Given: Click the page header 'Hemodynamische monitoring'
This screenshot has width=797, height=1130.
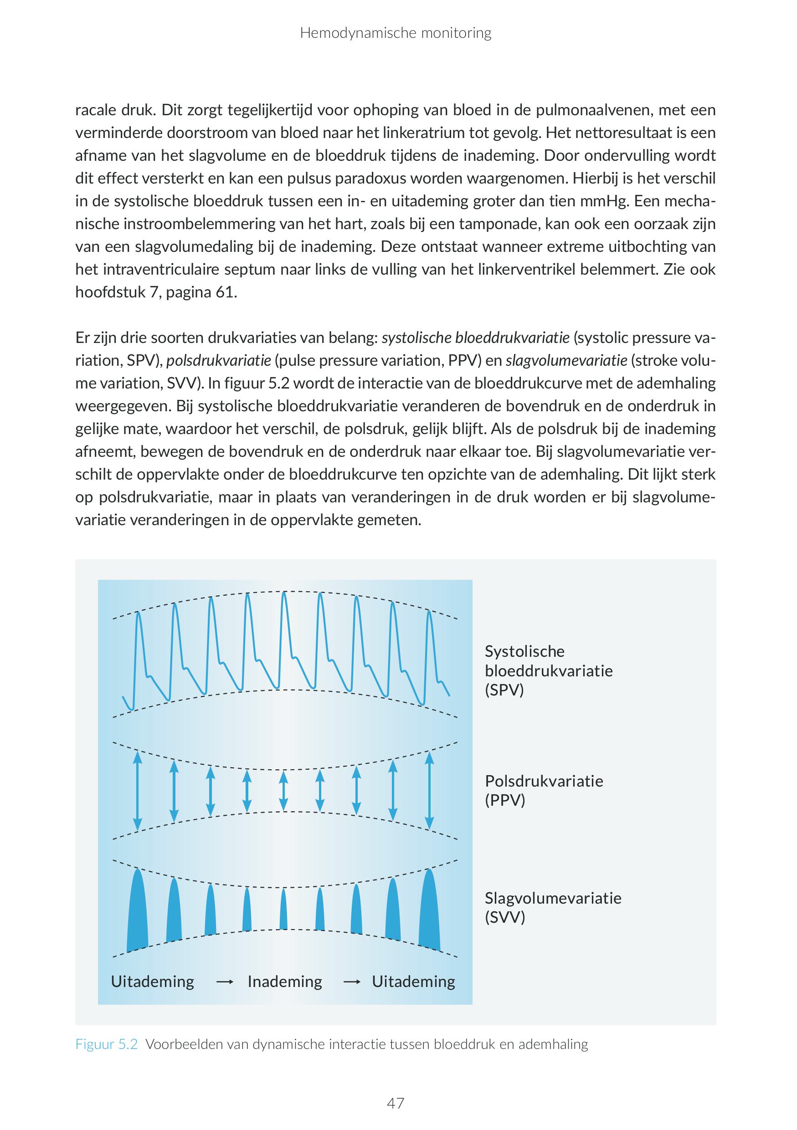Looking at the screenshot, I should coord(395,33).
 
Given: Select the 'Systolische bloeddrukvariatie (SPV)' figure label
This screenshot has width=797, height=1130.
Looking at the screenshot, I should coord(548,671).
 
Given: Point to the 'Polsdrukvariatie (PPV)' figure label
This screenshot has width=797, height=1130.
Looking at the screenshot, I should coord(544,790).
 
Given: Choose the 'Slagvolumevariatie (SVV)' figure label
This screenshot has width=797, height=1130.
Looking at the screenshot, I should coord(553,908).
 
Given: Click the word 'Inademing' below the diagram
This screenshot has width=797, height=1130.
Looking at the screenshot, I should coord(284,982).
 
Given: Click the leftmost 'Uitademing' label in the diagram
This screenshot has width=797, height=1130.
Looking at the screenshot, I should coord(153,982).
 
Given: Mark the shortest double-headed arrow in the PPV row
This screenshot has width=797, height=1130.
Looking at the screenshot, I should coord(283,790).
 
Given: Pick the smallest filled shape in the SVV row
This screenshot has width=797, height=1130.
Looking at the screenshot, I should coord(283,910).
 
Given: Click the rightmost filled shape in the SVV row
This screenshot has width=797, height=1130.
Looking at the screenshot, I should coord(429,910).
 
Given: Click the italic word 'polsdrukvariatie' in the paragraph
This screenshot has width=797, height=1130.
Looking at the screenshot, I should coord(219,361).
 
